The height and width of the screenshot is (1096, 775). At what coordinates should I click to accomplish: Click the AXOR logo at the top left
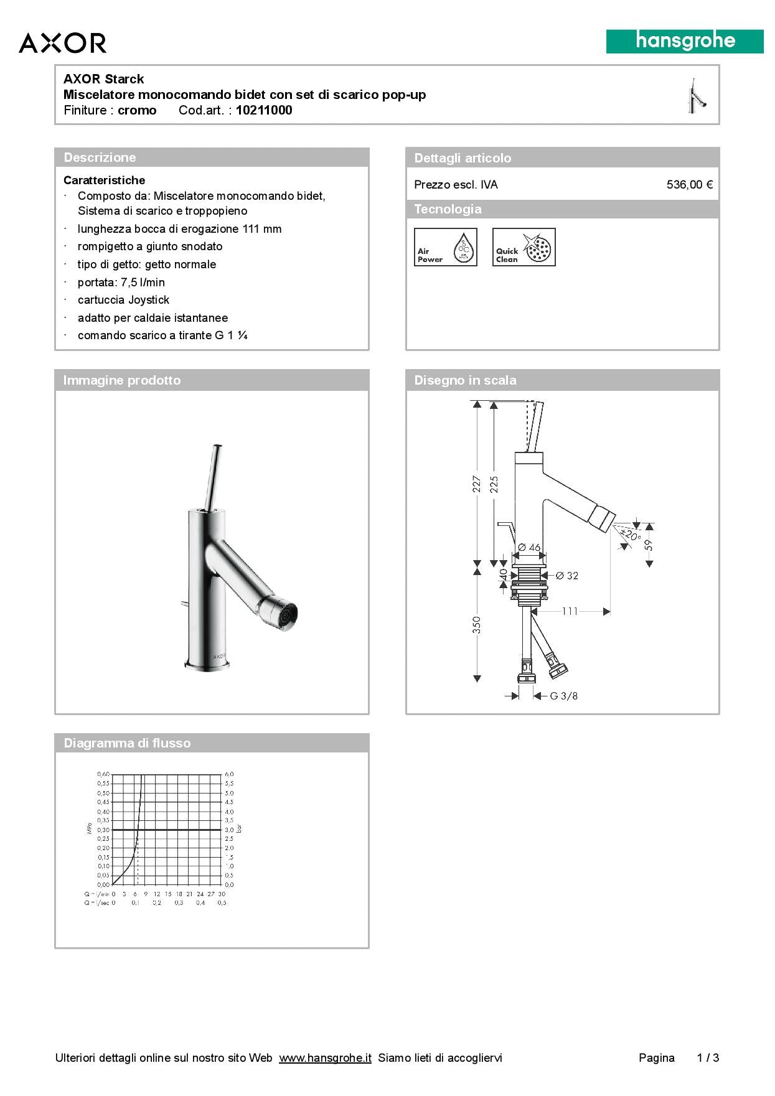[x=62, y=43]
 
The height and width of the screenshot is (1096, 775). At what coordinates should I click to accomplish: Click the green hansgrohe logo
[x=685, y=42]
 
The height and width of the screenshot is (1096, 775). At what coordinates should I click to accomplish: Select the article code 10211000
[x=264, y=111]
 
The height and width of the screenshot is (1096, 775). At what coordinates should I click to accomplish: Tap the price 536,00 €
[x=689, y=185]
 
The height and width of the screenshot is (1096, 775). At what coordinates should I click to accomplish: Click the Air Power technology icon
[x=446, y=247]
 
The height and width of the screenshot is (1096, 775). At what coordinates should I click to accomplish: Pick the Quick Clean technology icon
[x=524, y=247]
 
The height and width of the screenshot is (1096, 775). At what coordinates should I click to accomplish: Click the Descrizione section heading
[x=100, y=157]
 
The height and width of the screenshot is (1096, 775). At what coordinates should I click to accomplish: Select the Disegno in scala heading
[x=465, y=380]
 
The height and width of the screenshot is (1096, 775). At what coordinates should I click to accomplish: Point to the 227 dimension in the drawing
[x=477, y=484]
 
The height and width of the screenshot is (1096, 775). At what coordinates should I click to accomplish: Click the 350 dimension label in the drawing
[x=477, y=625]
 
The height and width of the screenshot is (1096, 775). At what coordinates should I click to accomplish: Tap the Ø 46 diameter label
[x=529, y=548]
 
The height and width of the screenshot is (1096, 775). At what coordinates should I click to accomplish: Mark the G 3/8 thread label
[x=563, y=696]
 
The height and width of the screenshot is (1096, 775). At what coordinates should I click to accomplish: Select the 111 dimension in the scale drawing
[x=570, y=612]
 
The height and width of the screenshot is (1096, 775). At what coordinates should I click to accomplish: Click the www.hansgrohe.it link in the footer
[x=325, y=1058]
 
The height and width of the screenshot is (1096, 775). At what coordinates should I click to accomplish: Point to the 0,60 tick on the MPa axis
[x=103, y=774]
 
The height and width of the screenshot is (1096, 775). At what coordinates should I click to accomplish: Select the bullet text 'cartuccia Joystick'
[x=123, y=300]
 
